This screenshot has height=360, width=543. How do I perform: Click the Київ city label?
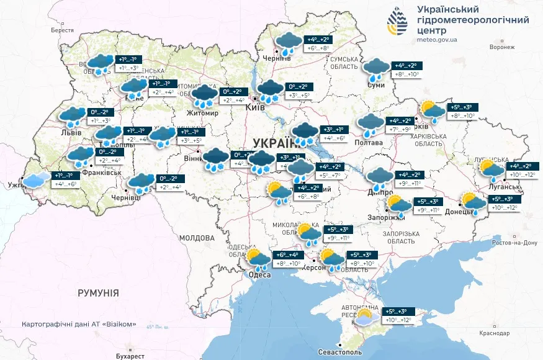[256, 107]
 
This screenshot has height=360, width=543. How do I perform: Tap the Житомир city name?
[203, 114]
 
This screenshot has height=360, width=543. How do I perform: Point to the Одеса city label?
[259, 275]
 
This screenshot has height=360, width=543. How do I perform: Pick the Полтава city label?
[367, 143]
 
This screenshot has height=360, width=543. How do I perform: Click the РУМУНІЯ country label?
[98, 292]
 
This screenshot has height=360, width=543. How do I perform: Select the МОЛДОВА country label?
[197, 238]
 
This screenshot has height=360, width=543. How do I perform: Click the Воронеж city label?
[502, 47]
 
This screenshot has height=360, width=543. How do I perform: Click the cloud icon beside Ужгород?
[35, 180]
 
